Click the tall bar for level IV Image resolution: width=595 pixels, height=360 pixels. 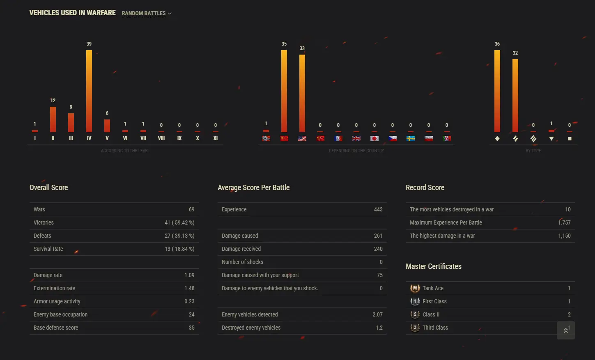89,91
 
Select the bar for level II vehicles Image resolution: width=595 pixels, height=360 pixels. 53,119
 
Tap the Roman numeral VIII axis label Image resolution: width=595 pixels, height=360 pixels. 161,138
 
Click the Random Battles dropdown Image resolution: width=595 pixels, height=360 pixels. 147,14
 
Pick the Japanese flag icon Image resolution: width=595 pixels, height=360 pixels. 374,138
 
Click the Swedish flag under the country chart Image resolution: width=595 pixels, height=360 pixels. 411,138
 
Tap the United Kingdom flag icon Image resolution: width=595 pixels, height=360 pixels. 356,138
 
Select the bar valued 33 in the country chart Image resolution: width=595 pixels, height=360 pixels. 302,93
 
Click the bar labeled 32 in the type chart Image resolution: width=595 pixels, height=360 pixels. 515,95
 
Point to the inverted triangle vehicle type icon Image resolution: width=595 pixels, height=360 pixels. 551,139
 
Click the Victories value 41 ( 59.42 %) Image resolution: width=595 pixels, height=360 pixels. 179,222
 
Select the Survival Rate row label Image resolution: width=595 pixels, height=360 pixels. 48,249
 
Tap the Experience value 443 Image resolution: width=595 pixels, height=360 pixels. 378,209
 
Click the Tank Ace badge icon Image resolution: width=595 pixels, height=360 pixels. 415,288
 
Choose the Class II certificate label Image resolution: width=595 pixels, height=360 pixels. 431,314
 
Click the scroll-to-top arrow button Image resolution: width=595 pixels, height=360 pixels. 565,330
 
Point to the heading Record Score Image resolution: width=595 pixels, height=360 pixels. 425,188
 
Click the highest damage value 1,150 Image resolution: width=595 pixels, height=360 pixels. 564,236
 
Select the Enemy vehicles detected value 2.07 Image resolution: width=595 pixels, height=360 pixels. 377,314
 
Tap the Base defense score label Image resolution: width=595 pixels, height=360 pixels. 56,328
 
